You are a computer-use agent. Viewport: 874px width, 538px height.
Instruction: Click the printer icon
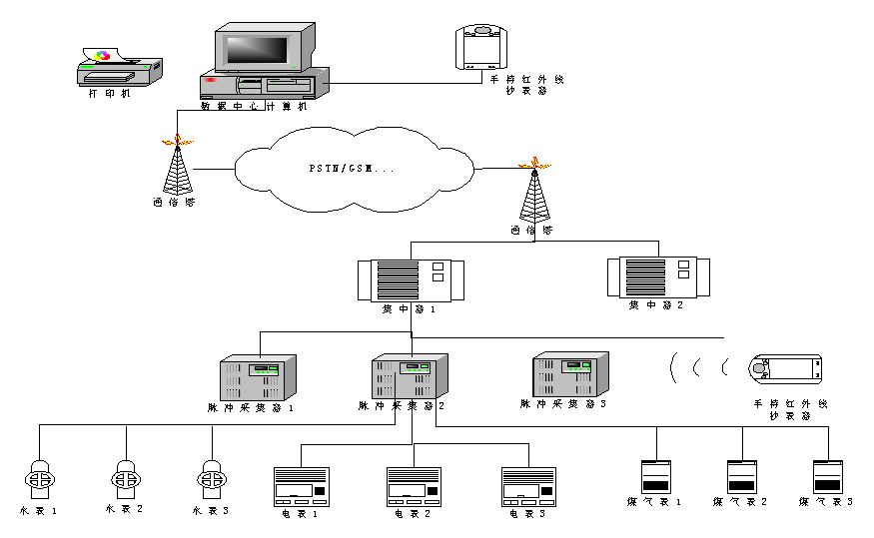click(119, 68)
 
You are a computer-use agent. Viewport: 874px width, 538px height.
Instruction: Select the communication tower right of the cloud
click(534, 193)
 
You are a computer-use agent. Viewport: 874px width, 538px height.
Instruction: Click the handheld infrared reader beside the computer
click(483, 47)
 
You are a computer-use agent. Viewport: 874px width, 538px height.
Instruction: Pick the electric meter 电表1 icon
click(300, 487)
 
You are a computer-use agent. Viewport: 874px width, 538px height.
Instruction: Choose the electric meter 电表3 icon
click(526, 487)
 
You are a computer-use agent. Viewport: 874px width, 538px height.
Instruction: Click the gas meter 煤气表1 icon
click(655, 475)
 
